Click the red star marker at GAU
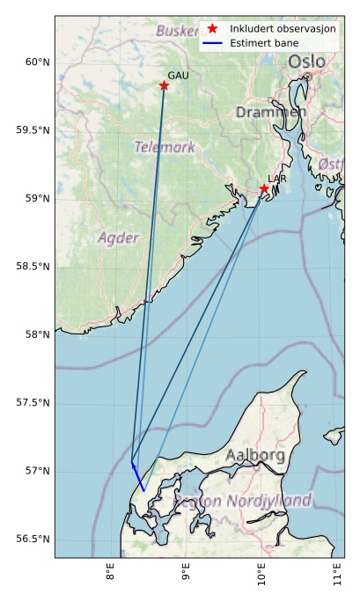164,85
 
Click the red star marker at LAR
264,188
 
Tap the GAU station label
178,76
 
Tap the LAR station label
277,179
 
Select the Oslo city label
306,62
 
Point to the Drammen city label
271,113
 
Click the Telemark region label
165,147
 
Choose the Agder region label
118,238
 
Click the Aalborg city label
254,456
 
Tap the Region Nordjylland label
242,501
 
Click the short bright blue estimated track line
138,476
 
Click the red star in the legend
212,28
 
